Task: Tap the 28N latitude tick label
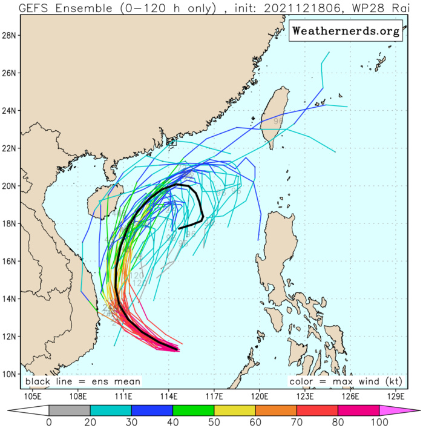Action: pyautogui.click(x=10, y=35)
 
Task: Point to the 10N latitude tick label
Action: pyautogui.click(x=10, y=374)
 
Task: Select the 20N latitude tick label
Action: pyautogui.click(x=10, y=186)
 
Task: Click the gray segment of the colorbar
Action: pyautogui.click(x=68, y=411)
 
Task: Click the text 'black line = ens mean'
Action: pyautogui.click(x=83, y=382)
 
